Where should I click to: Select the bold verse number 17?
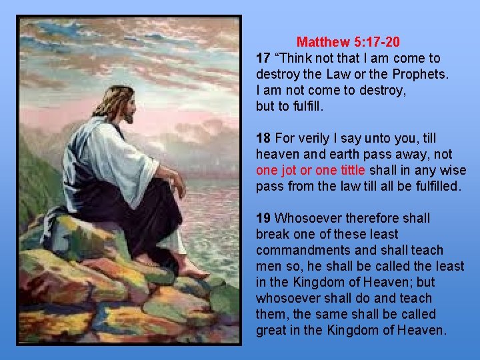pyautogui.click(x=263, y=58)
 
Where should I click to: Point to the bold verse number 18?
pyautogui.click(x=263, y=138)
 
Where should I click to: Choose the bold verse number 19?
pyautogui.click(x=263, y=218)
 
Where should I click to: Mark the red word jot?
pyautogui.click(x=288, y=170)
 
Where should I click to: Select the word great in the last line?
pyautogui.click(x=272, y=330)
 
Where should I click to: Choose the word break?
pyautogui.click(x=272, y=234)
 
